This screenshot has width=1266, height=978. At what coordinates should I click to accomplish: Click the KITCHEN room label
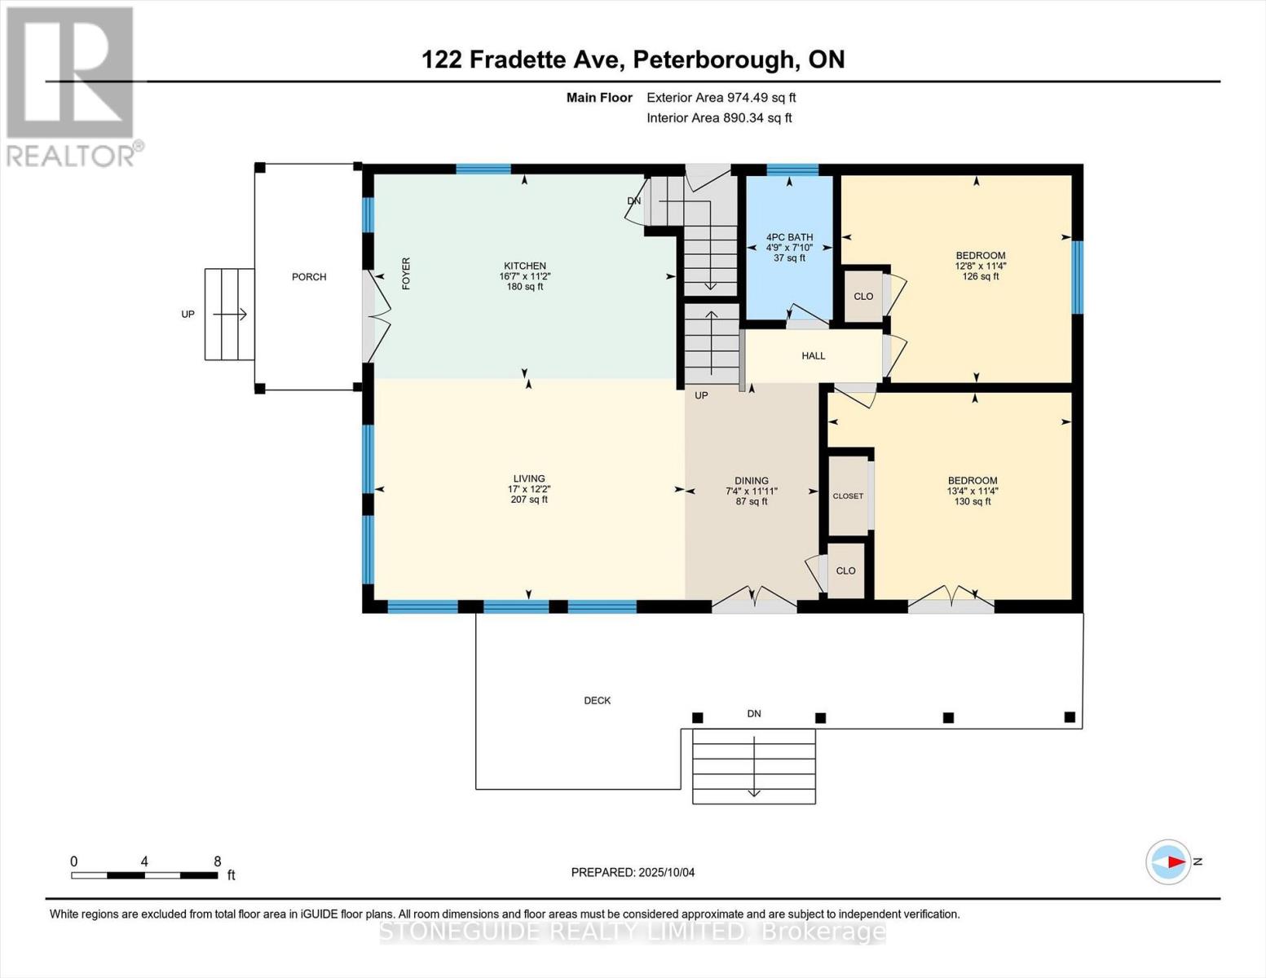(524, 267)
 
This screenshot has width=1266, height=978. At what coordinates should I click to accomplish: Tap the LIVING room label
(529, 479)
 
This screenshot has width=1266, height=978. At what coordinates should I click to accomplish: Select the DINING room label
(751, 481)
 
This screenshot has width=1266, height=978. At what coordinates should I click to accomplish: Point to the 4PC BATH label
(789, 238)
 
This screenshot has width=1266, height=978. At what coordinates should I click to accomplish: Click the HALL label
(813, 356)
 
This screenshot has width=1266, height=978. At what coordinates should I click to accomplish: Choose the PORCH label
(309, 277)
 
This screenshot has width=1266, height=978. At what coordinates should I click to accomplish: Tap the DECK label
(597, 701)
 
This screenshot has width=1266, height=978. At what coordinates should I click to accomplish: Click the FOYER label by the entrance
(406, 274)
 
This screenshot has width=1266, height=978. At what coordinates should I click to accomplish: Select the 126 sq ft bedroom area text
(980, 276)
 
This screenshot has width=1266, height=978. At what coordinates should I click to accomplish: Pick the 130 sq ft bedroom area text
(973, 502)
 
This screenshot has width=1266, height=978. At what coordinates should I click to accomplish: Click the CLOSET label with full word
(848, 496)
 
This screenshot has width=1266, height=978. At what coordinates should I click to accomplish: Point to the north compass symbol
(1170, 861)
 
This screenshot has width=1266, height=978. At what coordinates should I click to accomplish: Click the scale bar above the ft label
(144, 875)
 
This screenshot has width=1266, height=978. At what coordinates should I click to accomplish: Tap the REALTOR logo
(71, 86)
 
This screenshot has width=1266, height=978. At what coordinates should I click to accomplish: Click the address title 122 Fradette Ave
(633, 59)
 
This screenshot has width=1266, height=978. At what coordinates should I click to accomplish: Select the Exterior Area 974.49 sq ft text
(721, 98)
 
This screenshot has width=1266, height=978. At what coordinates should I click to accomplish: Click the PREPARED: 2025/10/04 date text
(633, 873)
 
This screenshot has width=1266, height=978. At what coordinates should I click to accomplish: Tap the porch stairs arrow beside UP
(230, 315)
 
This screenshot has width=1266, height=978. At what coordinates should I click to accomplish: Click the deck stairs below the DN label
(754, 767)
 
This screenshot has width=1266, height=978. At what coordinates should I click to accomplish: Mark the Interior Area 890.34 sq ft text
(719, 118)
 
